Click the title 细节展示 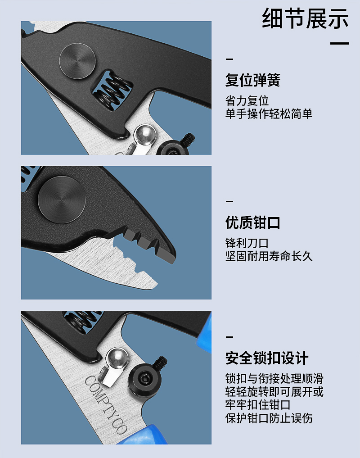pyautogui.click(x=305, y=18)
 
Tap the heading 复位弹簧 pyautogui.click(x=253, y=80)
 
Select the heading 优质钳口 pyautogui.click(x=253, y=222)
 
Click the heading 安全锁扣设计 pyautogui.click(x=267, y=358)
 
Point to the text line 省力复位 pyautogui.click(x=247, y=101)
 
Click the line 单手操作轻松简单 pyautogui.click(x=269, y=113)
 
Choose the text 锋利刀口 pyautogui.click(x=247, y=243)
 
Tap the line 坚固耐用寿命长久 pyautogui.click(x=269, y=256)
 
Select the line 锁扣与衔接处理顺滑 pyautogui.click(x=274, y=379)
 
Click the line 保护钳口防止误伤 pyautogui.click(x=269, y=418)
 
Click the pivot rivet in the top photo pyautogui.click(x=77, y=60)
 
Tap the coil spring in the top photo pyautogui.click(x=113, y=91)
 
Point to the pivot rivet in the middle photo pyautogui.click(x=62, y=200)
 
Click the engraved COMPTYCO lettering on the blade pyautogui.click(x=106, y=404)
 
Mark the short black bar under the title pyautogui.click(x=340, y=44)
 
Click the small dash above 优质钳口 pyautogui.click(x=229, y=201)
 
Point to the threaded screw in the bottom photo pyautogui.click(x=160, y=362)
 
